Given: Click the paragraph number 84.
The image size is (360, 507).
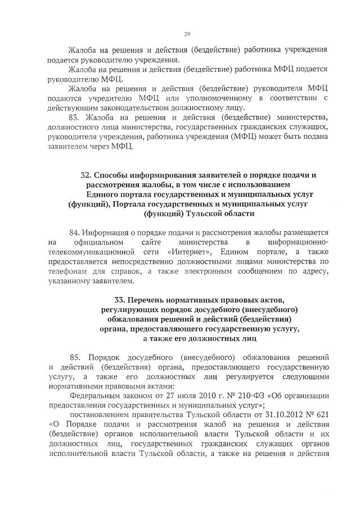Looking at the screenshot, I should (74, 232).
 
